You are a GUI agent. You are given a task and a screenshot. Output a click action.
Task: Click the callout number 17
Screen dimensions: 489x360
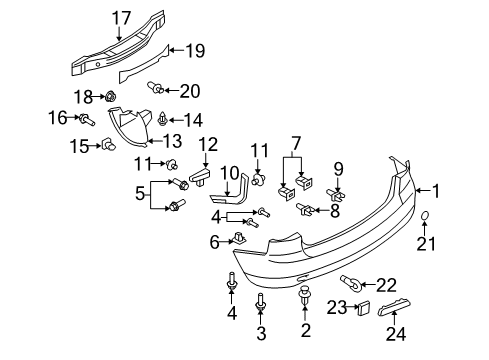click(x=121, y=18)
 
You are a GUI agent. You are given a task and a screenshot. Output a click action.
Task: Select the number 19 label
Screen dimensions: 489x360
click(x=195, y=51)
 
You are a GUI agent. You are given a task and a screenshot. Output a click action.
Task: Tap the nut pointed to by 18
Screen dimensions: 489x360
click(x=110, y=97)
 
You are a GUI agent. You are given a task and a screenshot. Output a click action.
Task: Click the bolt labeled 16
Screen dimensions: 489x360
click(x=87, y=119)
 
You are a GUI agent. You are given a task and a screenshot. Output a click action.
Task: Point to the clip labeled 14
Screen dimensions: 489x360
click(x=163, y=119)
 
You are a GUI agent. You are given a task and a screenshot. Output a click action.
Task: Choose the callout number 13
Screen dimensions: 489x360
click(x=172, y=141)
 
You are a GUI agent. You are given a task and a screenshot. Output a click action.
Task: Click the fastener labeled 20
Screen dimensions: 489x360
click(x=155, y=88)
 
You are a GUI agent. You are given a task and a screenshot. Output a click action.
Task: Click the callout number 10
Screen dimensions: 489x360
click(x=230, y=174)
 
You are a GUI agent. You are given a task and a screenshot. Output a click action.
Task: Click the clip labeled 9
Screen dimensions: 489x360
click(x=336, y=195)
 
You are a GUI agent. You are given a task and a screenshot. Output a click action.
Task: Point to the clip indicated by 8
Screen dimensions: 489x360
click(x=305, y=210)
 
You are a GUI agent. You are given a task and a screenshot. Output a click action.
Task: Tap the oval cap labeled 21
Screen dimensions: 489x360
click(x=424, y=216)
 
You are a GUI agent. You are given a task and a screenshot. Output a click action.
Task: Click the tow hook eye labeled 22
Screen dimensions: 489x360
click(x=351, y=284)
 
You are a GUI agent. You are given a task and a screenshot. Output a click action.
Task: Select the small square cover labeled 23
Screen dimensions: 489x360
click(x=364, y=308)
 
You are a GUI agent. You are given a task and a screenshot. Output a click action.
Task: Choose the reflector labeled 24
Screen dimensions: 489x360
click(x=394, y=307)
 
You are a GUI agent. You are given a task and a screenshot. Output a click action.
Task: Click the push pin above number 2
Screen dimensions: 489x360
click(x=304, y=295)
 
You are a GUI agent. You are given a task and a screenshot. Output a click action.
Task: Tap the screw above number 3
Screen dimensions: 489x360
click(x=261, y=302)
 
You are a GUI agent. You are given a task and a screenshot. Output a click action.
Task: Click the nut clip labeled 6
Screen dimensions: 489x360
click(x=239, y=238)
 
